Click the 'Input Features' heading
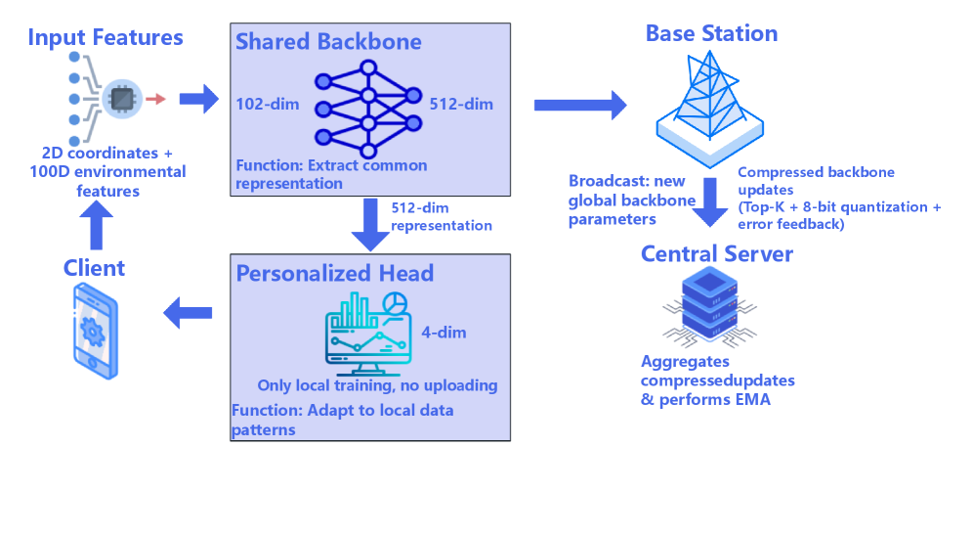pos(106,38)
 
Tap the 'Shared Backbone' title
pos(328,42)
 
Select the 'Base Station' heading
pos(711,33)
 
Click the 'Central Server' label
pos(716,254)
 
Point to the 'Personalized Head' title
pos(334,273)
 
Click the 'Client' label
pos(95,267)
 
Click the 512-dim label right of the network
pos(461,104)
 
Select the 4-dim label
pos(444,333)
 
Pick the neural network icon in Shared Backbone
pos(368,109)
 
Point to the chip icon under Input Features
pos(121,99)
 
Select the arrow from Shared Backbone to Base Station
pos(579,104)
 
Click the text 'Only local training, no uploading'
pos(377,385)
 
